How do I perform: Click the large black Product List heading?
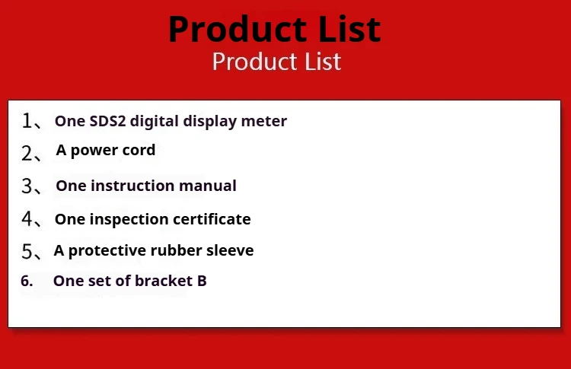coord(274,29)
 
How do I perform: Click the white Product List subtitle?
coord(276,61)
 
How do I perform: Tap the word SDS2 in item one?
coord(107,121)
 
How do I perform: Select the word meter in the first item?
coord(264,121)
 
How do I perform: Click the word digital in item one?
coord(154,122)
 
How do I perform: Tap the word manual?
coord(208,186)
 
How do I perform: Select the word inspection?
coord(129,220)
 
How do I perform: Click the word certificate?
coord(212,219)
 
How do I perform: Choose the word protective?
coord(107,251)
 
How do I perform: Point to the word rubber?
coord(176,250)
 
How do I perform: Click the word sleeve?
coord(230,250)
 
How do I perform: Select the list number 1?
coord(27,120)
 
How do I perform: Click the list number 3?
coord(27,186)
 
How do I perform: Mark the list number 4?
coord(27,218)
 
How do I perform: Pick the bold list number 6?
coord(27,281)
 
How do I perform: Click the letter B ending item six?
coord(202,281)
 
